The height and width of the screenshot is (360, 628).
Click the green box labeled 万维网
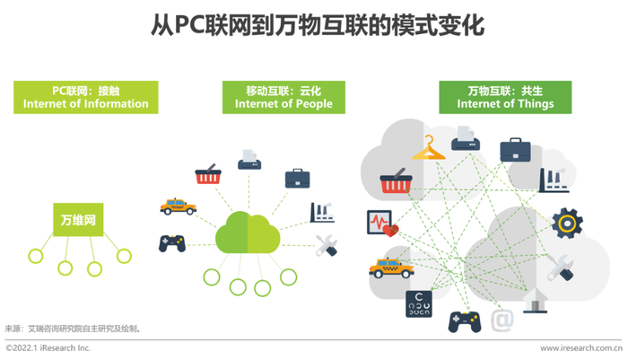(78, 219)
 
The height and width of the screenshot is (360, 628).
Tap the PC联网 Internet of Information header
(86, 98)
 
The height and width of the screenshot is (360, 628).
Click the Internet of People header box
(283, 98)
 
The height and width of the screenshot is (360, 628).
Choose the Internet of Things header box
(505, 98)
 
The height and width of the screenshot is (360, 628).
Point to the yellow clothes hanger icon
(429, 148)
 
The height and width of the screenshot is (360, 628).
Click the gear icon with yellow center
(567, 224)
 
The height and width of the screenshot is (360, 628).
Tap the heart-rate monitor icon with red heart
(382, 224)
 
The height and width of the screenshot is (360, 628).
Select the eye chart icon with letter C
(419, 303)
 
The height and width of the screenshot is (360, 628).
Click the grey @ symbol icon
(502, 320)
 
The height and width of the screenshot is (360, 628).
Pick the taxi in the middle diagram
(179, 206)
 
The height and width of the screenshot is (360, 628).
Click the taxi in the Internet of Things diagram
(391, 268)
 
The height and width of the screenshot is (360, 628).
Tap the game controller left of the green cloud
(172, 243)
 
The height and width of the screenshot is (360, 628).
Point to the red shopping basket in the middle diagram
(208, 174)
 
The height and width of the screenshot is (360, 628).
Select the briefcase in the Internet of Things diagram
(515, 150)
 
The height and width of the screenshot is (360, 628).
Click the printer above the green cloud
(249, 160)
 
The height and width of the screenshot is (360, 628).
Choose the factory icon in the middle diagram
(322, 213)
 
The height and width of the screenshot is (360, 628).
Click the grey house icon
(535, 300)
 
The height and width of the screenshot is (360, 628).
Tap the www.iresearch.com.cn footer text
(581, 348)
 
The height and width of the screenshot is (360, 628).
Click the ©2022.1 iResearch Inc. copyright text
(48, 348)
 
